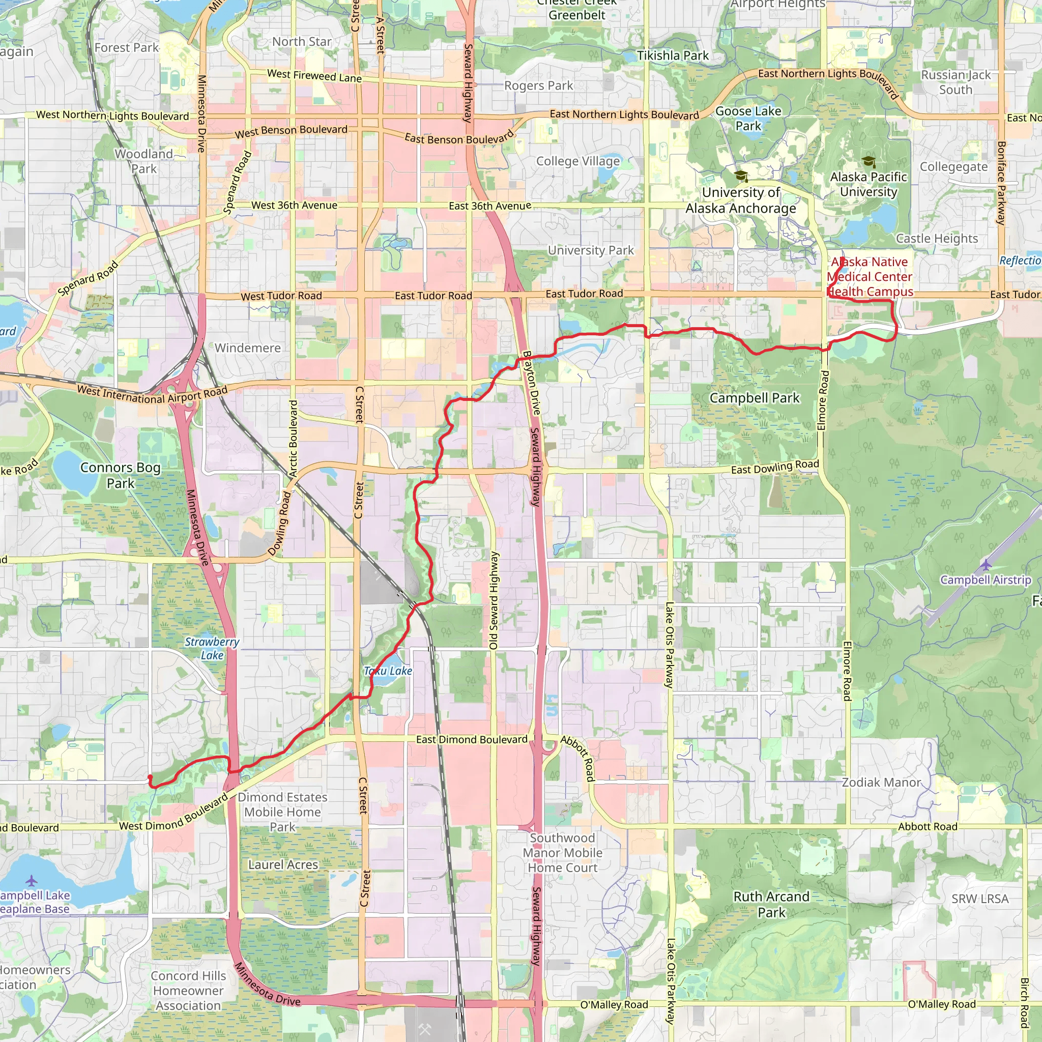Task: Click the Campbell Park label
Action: point(754,398)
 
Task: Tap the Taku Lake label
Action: point(388,671)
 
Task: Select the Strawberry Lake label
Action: point(212,649)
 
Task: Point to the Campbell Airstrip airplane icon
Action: point(986,565)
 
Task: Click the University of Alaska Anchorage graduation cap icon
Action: point(741,176)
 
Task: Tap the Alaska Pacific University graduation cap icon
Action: point(869,161)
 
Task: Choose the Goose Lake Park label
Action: point(748,118)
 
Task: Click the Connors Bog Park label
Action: point(120,475)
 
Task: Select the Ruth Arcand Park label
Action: point(771,905)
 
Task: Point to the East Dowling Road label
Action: point(774,467)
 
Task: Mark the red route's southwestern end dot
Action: point(150,777)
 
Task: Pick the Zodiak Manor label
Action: point(881,782)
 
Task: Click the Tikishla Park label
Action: point(673,55)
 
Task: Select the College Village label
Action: point(577,161)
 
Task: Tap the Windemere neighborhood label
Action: point(248,348)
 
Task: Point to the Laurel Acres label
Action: point(283,864)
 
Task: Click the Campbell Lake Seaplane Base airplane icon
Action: point(31,881)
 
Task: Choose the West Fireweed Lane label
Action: point(314,76)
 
